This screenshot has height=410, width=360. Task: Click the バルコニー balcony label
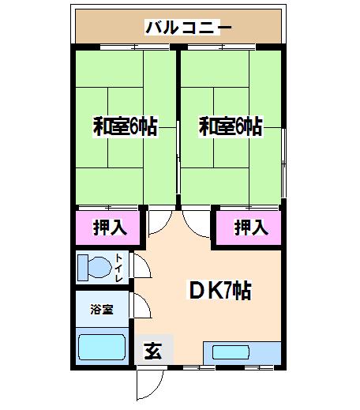[x=189, y=28]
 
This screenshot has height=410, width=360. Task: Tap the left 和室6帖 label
[x=126, y=126]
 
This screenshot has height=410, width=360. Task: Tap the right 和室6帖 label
[x=231, y=126]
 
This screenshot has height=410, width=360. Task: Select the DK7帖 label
[x=220, y=290]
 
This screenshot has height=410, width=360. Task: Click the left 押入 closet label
[x=110, y=228]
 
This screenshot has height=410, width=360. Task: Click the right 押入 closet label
[x=251, y=228]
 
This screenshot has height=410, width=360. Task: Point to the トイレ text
[x=119, y=268]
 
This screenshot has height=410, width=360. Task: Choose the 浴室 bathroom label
[x=102, y=310]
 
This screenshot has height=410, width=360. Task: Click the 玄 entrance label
[x=153, y=351]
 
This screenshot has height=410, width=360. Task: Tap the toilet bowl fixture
[x=94, y=268]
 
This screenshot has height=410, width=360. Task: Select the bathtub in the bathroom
[x=102, y=347]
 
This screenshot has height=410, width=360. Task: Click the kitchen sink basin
[x=231, y=352]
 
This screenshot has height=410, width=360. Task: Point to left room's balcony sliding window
[x=135, y=47]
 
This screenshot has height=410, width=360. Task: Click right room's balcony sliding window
[x=222, y=47]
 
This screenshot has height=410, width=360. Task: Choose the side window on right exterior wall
[x=283, y=164]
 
